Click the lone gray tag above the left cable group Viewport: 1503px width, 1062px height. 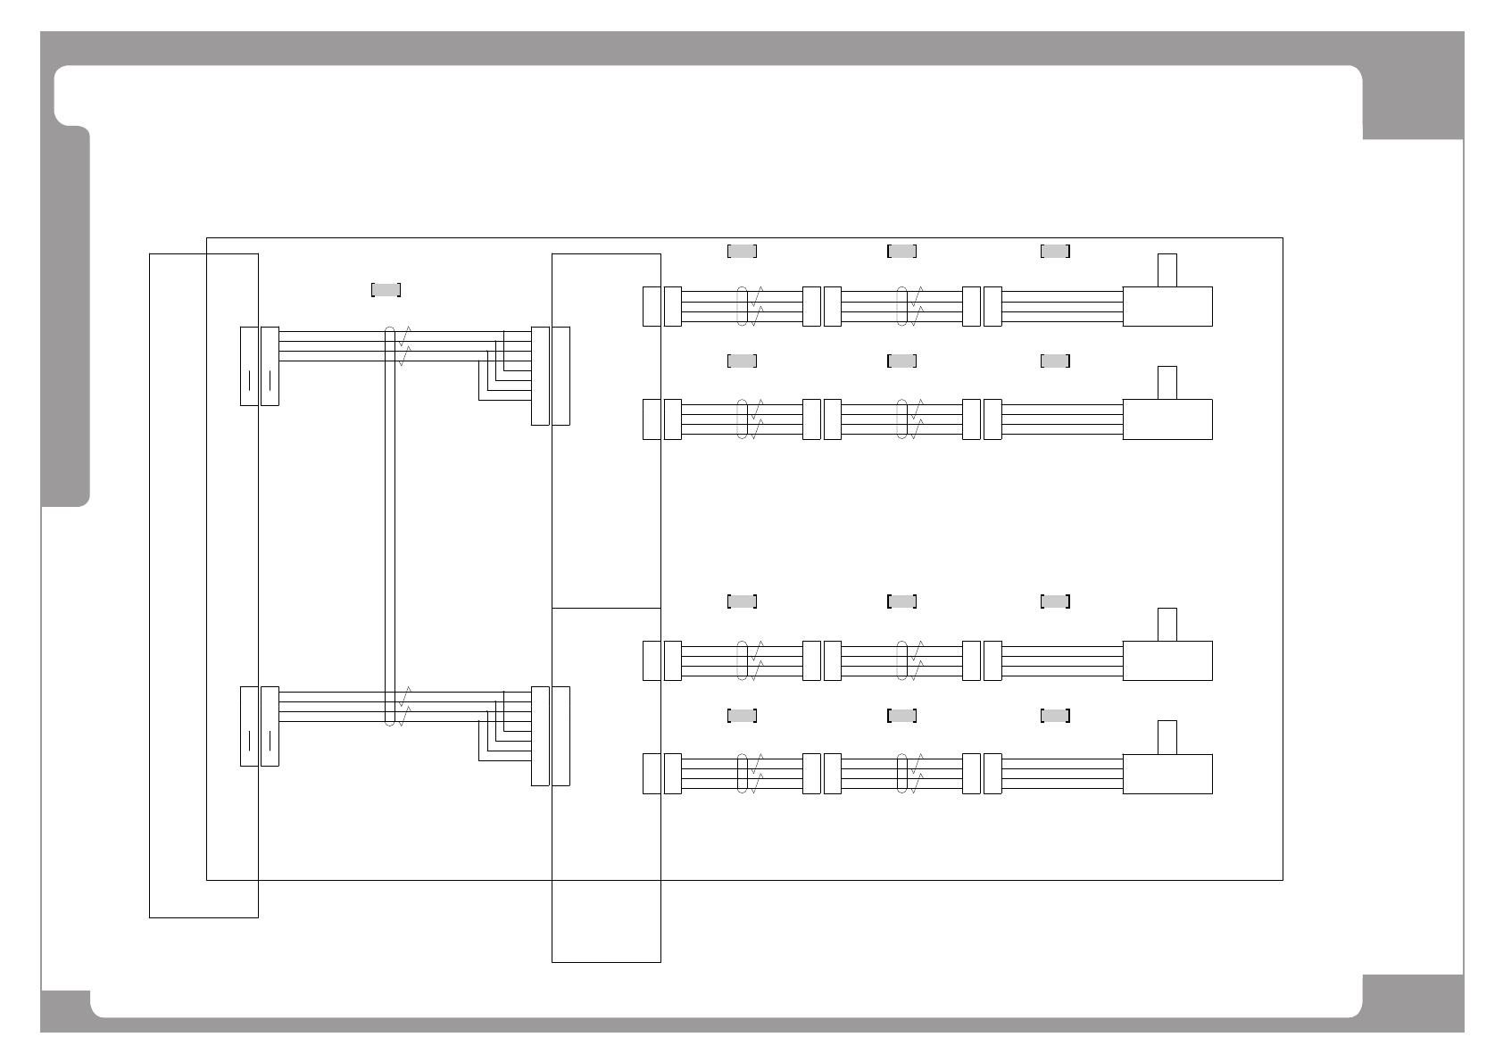pyautogui.click(x=386, y=289)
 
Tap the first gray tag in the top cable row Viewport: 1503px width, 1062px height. pyautogui.click(x=742, y=251)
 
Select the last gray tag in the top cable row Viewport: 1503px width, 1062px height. pyautogui.click(x=1055, y=251)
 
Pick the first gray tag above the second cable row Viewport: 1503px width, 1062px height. pyautogui.click(x=742, y=361)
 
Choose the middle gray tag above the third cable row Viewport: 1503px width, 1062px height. pyautogui.click(x=901, y=602)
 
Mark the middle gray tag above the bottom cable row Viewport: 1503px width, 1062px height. pyautogui.click(x=901, y=715)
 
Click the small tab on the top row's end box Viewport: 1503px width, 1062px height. pyautogui.click(x=1167, y=270)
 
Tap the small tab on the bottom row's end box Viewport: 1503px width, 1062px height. pyautogui.click(x=1167, y=737)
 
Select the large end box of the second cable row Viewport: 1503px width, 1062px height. pyautogui.click(x=1167, y=419)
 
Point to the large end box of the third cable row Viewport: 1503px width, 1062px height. pyautogui.click(x=1167, y=660)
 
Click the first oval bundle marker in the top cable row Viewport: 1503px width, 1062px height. pyautogui.click(x=742, y=306)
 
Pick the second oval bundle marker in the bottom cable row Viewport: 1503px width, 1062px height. pyautogui.click(x=902, y=774)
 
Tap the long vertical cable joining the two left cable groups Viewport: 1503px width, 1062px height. pyautogui.click(x=389, y=527)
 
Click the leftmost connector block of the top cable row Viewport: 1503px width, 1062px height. pyautogui.click(x=652, y=306)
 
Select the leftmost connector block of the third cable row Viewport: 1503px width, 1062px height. pyautogui.click(x=652, y=660)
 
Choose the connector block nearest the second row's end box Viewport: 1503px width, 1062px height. pyautogui.click(x=992, y=419)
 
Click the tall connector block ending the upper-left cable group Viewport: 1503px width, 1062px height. pyautogui.click(x=540, y=376)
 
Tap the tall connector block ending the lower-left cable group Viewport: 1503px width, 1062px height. pyautogui.click(x=540, y=735)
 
